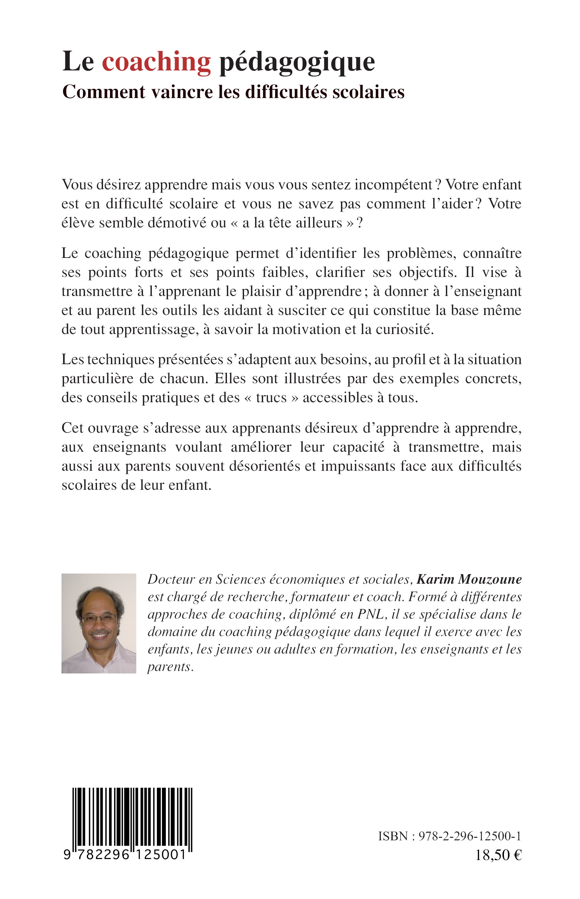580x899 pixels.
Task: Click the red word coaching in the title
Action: pyautogui.click(x=156, y=62)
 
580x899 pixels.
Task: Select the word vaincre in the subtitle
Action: pyautogui.click(x=182, y=92)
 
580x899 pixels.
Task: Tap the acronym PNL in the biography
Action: pyautogui.click(x=371, y=614)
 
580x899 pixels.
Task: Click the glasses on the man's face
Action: pyautogui.click(x=99, y=618)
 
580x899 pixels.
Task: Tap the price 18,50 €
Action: pyautogui.click(x=498, y=855)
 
